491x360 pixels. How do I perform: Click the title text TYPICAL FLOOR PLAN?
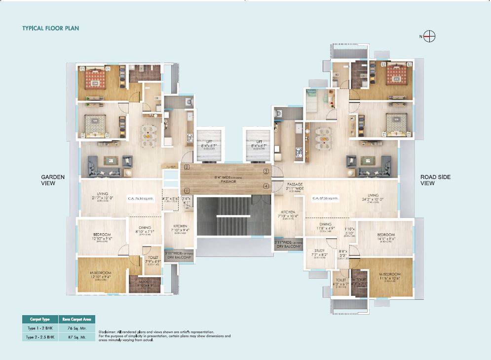51,28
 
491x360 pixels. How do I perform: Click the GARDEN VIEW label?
53,180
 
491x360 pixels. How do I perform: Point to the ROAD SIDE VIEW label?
435,180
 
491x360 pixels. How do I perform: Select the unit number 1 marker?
187,190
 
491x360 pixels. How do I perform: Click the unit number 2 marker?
187,167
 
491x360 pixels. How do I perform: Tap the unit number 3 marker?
266,171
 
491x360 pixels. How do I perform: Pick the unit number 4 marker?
266,186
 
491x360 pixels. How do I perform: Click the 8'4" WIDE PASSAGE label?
228,179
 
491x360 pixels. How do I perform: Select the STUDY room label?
319,252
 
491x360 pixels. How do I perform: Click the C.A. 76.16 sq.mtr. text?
141,199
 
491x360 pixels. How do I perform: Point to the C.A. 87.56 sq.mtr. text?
325,199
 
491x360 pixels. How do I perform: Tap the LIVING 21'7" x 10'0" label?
102,196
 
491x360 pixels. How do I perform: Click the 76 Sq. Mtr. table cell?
77,328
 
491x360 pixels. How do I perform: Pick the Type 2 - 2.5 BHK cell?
39,337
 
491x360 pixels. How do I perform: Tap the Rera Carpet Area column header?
77,319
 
